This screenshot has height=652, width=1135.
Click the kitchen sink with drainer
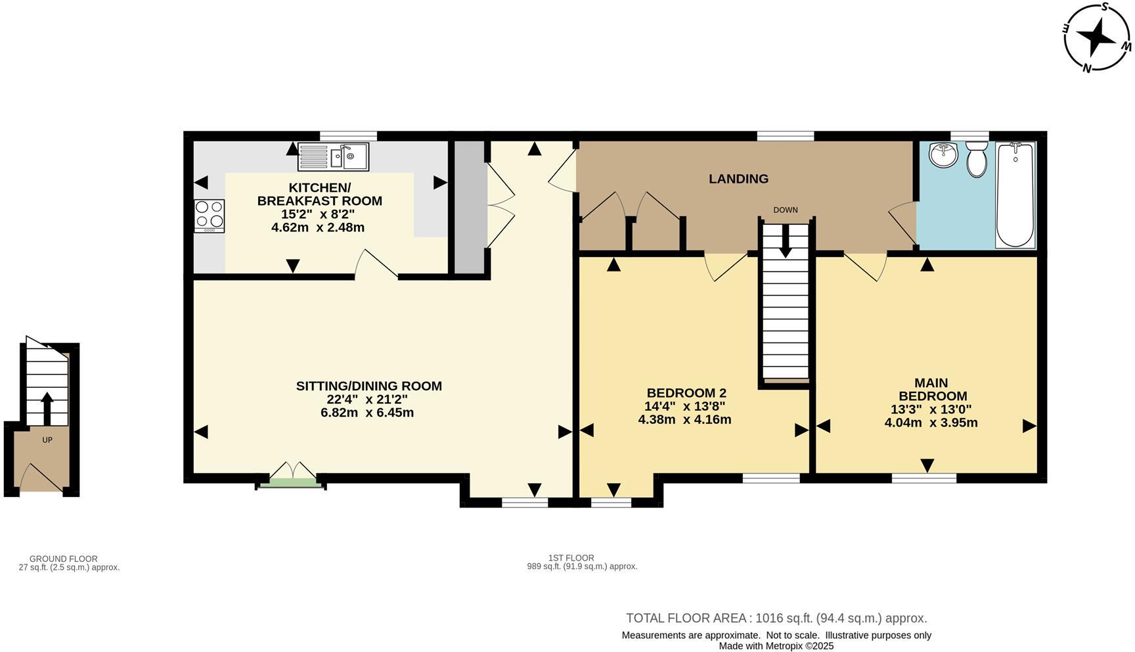tap(333, 156)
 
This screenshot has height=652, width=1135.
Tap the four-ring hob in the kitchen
tap(209, 215)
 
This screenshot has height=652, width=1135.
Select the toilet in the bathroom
tap(977, 160)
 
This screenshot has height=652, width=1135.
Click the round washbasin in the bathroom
tap(943, 155)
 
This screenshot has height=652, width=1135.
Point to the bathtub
tap(1015, 195)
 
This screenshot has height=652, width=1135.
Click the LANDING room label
tap(738, 179)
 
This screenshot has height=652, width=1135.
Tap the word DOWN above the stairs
tap(785, 210)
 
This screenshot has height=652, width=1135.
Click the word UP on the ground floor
tap(47, 440)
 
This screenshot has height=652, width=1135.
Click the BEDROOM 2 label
tap(686, 393)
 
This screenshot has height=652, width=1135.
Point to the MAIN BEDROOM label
tap(932, 389)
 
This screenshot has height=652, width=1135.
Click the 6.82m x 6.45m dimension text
tap(367, 413)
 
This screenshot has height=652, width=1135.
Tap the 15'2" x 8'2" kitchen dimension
tap(317, 214)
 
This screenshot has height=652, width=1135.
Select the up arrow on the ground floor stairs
tap(47, 407)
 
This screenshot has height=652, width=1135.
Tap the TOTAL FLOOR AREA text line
tap(776, 618)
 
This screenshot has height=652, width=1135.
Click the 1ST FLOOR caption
tap(571, 558)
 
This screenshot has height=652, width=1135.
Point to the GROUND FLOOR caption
tap(63, 559)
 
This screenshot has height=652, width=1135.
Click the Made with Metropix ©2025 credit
tap(776, 645)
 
